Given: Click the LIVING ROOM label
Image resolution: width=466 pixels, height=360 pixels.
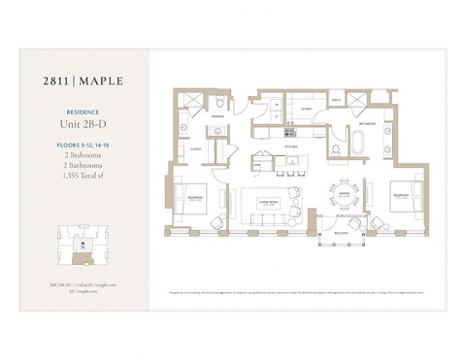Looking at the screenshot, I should click(268, 201).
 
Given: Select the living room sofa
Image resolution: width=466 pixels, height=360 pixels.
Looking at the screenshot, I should click(267, 219).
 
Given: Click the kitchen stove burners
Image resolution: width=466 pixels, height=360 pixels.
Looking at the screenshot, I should click(289, 130).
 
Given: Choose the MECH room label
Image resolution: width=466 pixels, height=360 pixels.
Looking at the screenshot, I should click(337, 100).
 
